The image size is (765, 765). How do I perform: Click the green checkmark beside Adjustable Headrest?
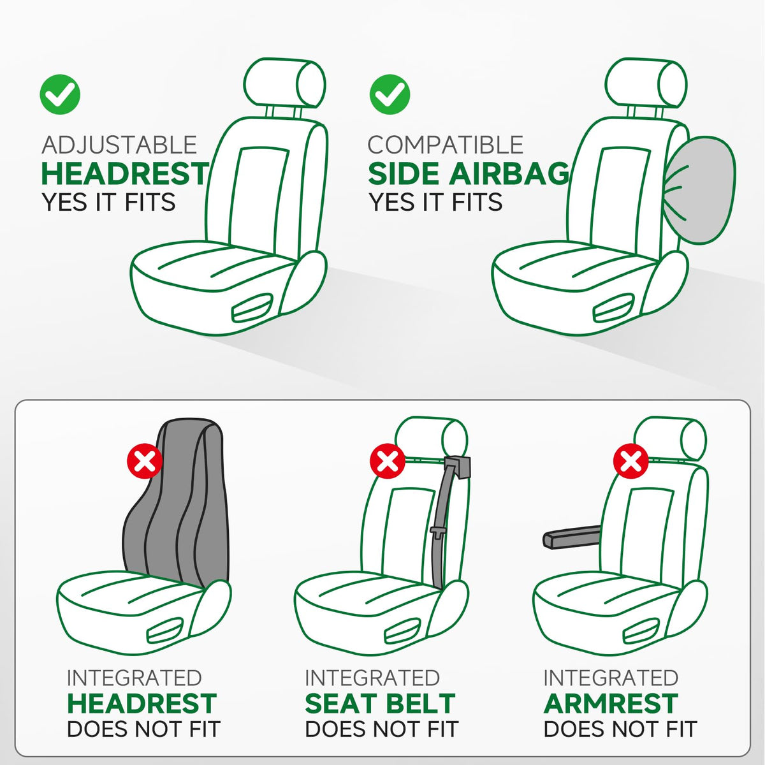pyautogui.click(x=60, y=94)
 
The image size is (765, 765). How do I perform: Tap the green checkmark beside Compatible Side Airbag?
pyautogui.click(x=390, y=94)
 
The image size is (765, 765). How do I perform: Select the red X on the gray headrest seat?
pyautogui.click(x=145, y=462)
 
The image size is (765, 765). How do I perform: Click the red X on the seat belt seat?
pyautogui.click(x=387, y=462)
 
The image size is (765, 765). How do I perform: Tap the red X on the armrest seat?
pyautogui.click(x=631, y=462)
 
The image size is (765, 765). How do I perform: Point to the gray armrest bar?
pyautogui.click(x=572, y=537)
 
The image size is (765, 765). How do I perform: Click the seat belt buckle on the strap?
pyautogui.click(x=437, y=532)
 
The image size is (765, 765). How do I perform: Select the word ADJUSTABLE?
pyautogui.click(x=119, y=145)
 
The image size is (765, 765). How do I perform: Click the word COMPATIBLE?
pyautogui.click(x=445, y=145)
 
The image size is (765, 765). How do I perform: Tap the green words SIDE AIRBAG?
pyautogui.click(x=469, y=173)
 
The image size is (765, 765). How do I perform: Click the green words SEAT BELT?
pyautogui.click(x=380, y=703)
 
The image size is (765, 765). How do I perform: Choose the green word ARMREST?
pyautogui.click(x=611, y=703)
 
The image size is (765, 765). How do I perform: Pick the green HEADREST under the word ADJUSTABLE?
pyautogui.click(x=125, y=173)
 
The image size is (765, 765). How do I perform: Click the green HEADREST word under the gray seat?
pyautogui.click(x=142, y=703)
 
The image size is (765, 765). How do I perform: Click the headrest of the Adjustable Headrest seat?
pyautogui.click(x=284, y=83)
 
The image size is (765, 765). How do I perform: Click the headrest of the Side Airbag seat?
pyautogui.click(x=646, y=83)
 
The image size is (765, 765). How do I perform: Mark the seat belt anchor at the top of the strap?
pyautogui.click(x=458, y=467)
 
